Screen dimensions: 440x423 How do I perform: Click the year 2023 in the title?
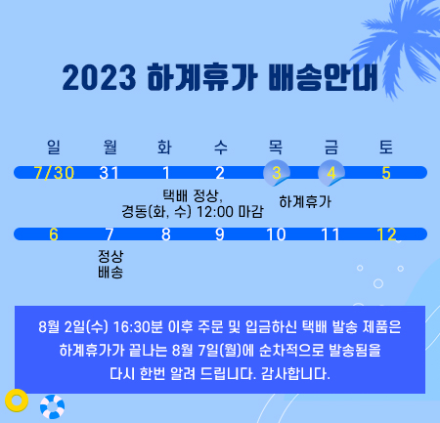99,78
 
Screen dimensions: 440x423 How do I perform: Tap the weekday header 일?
54,147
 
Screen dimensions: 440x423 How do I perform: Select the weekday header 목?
276,147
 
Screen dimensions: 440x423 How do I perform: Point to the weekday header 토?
386,147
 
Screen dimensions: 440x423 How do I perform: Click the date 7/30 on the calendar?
54,173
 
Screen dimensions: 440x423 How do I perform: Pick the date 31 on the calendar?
109,173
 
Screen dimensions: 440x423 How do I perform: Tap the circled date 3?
277,173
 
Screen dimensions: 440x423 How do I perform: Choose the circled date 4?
331,173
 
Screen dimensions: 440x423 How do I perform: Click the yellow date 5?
386,173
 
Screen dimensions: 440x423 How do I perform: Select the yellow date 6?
54,234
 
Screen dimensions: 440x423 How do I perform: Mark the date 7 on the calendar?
110,234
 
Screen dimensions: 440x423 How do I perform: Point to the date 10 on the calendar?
276,234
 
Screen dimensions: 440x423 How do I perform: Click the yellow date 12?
386,234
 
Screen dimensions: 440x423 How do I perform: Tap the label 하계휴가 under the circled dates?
305,202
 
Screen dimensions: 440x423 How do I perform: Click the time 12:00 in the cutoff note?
215,212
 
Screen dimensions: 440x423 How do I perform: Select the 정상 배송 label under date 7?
110,264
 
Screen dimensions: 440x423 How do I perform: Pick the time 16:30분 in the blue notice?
138,326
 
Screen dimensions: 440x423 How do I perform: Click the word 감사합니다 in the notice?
295,373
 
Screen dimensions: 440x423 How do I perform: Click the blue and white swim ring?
52,406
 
